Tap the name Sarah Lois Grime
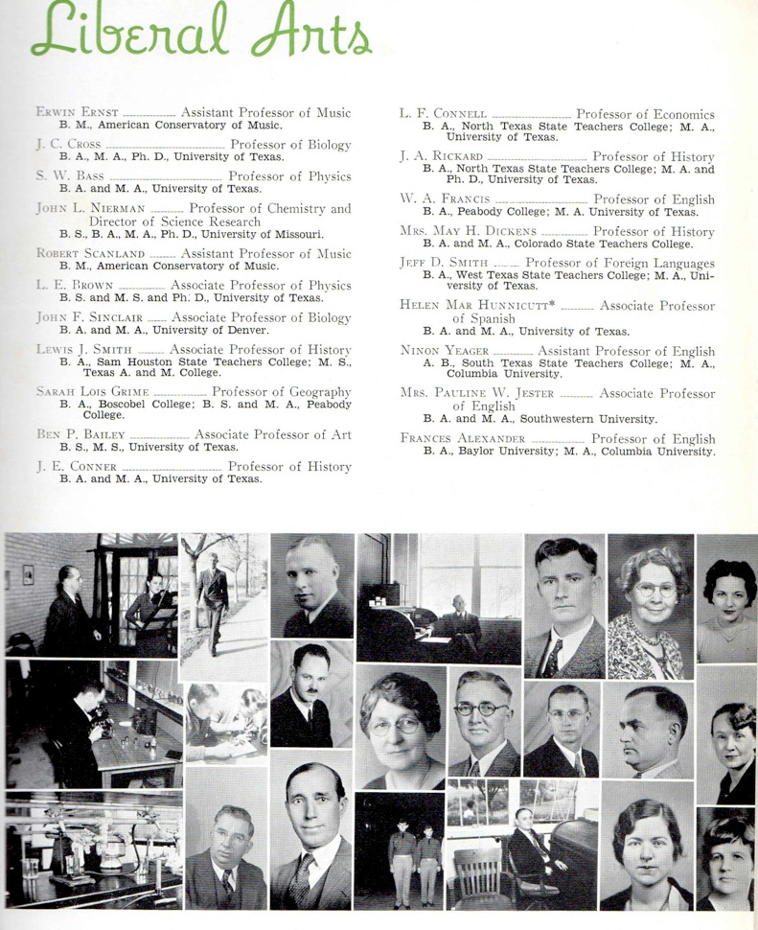93,391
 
